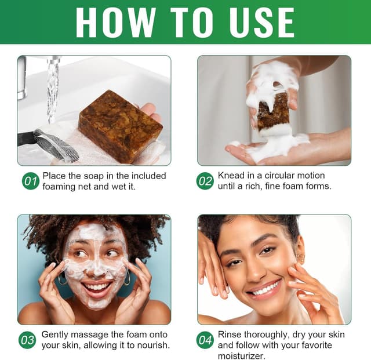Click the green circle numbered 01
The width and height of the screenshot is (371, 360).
click(30, 181)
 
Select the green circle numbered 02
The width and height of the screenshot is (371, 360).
click(205, 181)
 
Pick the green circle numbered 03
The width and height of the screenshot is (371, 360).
click(28, 340)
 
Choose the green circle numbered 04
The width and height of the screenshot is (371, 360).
click(205, 340)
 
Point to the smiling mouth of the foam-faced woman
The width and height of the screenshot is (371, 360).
click(97, 287)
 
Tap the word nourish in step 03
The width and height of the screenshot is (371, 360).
click(151, 346)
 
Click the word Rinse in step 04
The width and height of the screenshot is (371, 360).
click(230, 335)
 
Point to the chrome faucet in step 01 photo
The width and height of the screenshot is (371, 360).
click(21, 78)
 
